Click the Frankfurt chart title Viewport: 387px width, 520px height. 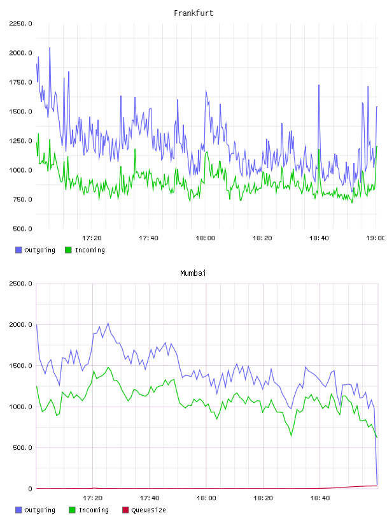click(193, 13)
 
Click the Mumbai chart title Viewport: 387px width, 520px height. click(193, 273)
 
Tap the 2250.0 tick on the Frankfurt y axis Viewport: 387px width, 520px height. click(20, 24)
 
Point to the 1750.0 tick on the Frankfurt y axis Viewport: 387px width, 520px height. click(20, 82)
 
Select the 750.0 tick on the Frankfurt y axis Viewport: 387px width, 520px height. click(22, 199)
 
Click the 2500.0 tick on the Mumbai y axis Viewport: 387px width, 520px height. click(20, 284)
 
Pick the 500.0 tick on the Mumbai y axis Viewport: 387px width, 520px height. click(22, 448)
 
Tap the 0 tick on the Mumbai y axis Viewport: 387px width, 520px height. click(30, 489)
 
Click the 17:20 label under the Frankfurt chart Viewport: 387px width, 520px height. click(92, 238)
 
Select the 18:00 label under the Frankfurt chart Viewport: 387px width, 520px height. click(206, 238)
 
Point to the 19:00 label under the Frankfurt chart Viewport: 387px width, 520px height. click(376, 238)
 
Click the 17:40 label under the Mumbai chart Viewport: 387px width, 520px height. click(150, 498)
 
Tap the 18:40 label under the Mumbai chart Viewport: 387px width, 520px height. click(320, 498)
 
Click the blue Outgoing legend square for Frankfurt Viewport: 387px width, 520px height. click(18, 250)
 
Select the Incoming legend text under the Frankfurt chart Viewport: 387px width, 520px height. click(90, 250)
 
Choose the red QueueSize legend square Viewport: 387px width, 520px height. click(125, 510)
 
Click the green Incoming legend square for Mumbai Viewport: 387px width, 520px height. click(72, 510)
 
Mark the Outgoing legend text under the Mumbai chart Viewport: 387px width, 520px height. click(39, 510)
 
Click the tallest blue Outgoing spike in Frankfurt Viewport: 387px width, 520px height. click(50, 48)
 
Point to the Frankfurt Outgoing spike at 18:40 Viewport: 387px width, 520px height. click(319, 85)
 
